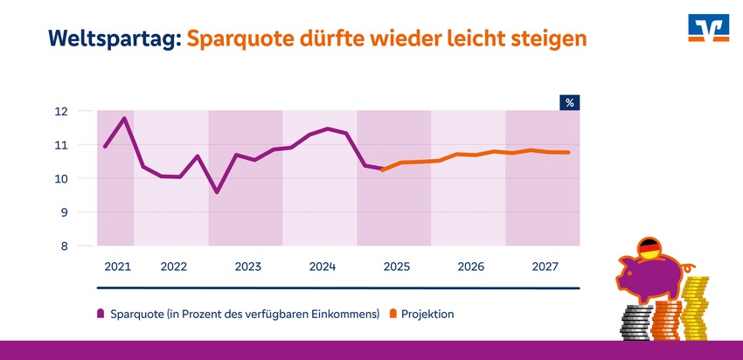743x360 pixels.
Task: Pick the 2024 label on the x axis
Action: tap(323, 266)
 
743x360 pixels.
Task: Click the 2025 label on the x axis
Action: tap(397, 266)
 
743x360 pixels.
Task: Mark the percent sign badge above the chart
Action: tap(569, 103)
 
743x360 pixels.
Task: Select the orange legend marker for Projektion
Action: tap(393, 313)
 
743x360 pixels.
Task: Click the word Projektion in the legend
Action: tap(428, 313)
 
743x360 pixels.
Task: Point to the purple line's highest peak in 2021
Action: tap(125, 118)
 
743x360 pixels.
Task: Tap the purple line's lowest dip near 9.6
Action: tap(217, 192)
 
